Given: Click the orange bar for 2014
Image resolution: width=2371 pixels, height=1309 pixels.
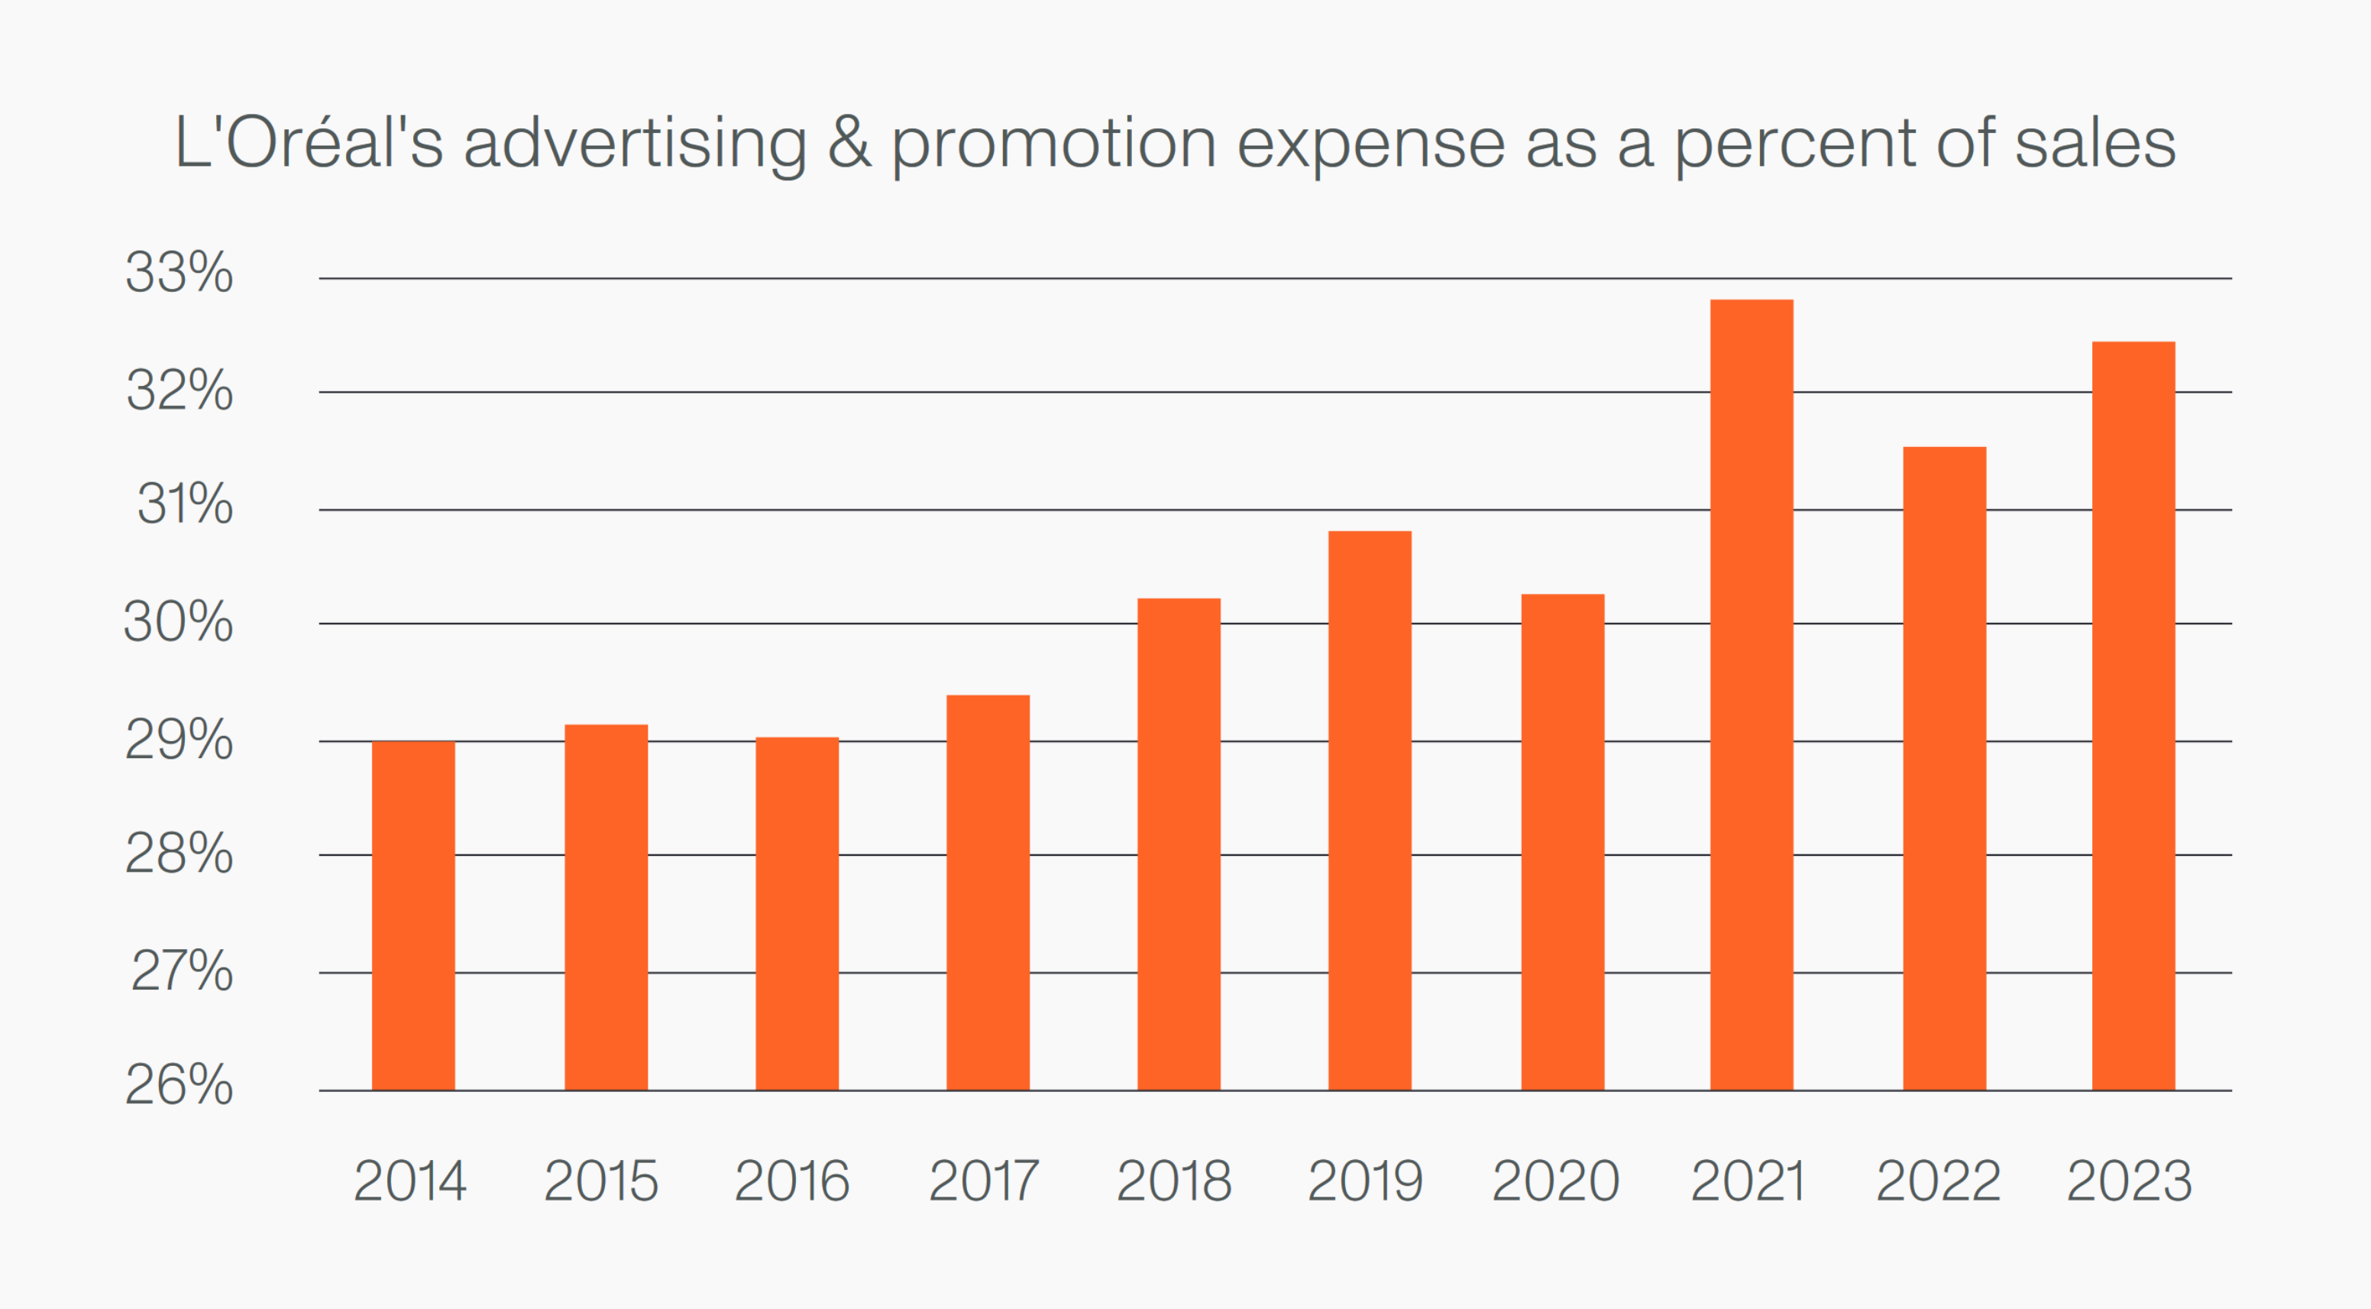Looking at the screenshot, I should (413, 916).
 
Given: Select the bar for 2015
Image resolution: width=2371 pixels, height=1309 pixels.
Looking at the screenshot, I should (606, 908).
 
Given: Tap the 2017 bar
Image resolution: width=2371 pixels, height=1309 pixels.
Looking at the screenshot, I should (988, 893).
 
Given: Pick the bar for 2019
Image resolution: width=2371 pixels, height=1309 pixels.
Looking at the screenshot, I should (1370, 811).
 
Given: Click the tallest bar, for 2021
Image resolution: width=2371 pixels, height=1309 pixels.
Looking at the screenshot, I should (1752, 695).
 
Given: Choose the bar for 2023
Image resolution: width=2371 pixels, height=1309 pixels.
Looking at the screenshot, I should (2133, 716).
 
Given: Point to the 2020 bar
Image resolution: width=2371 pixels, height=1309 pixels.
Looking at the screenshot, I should (1562, 842).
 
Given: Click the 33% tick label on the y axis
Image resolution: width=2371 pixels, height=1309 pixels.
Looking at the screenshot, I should (180, 273).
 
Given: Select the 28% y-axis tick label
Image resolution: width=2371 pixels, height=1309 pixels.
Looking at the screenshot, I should (180, 854).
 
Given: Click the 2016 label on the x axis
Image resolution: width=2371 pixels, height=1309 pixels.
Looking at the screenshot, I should (791, 1181).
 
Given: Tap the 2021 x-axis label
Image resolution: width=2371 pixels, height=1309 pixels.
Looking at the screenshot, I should (1748, 1181).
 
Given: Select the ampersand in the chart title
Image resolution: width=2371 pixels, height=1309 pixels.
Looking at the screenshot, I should (849, 143).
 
